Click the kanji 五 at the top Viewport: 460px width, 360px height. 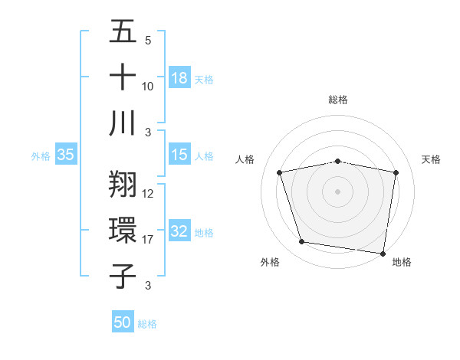(123, 31)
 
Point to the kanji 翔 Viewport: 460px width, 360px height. (123, 185)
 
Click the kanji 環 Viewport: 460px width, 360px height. (123, 231)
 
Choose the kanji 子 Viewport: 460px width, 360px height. (123, 276)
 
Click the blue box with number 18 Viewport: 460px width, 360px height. (179, 77)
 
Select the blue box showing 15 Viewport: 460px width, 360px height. (179, 155)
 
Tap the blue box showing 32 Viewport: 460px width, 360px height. (179, 232)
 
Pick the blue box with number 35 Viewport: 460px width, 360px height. (66, 155)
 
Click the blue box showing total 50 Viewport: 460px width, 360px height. (123, 322)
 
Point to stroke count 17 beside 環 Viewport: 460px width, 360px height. (148, 240)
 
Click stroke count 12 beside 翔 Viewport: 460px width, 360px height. (148, 194)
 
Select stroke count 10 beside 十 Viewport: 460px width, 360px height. (148, 86)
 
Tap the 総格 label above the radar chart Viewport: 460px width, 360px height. (338, 100)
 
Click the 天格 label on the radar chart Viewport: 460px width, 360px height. (431, 159)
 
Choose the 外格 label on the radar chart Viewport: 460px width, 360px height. (270, 262)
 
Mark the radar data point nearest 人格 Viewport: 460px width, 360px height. (280, 172)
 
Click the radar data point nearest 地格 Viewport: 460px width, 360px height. (383, 253)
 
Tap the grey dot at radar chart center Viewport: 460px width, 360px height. (338, 191)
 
